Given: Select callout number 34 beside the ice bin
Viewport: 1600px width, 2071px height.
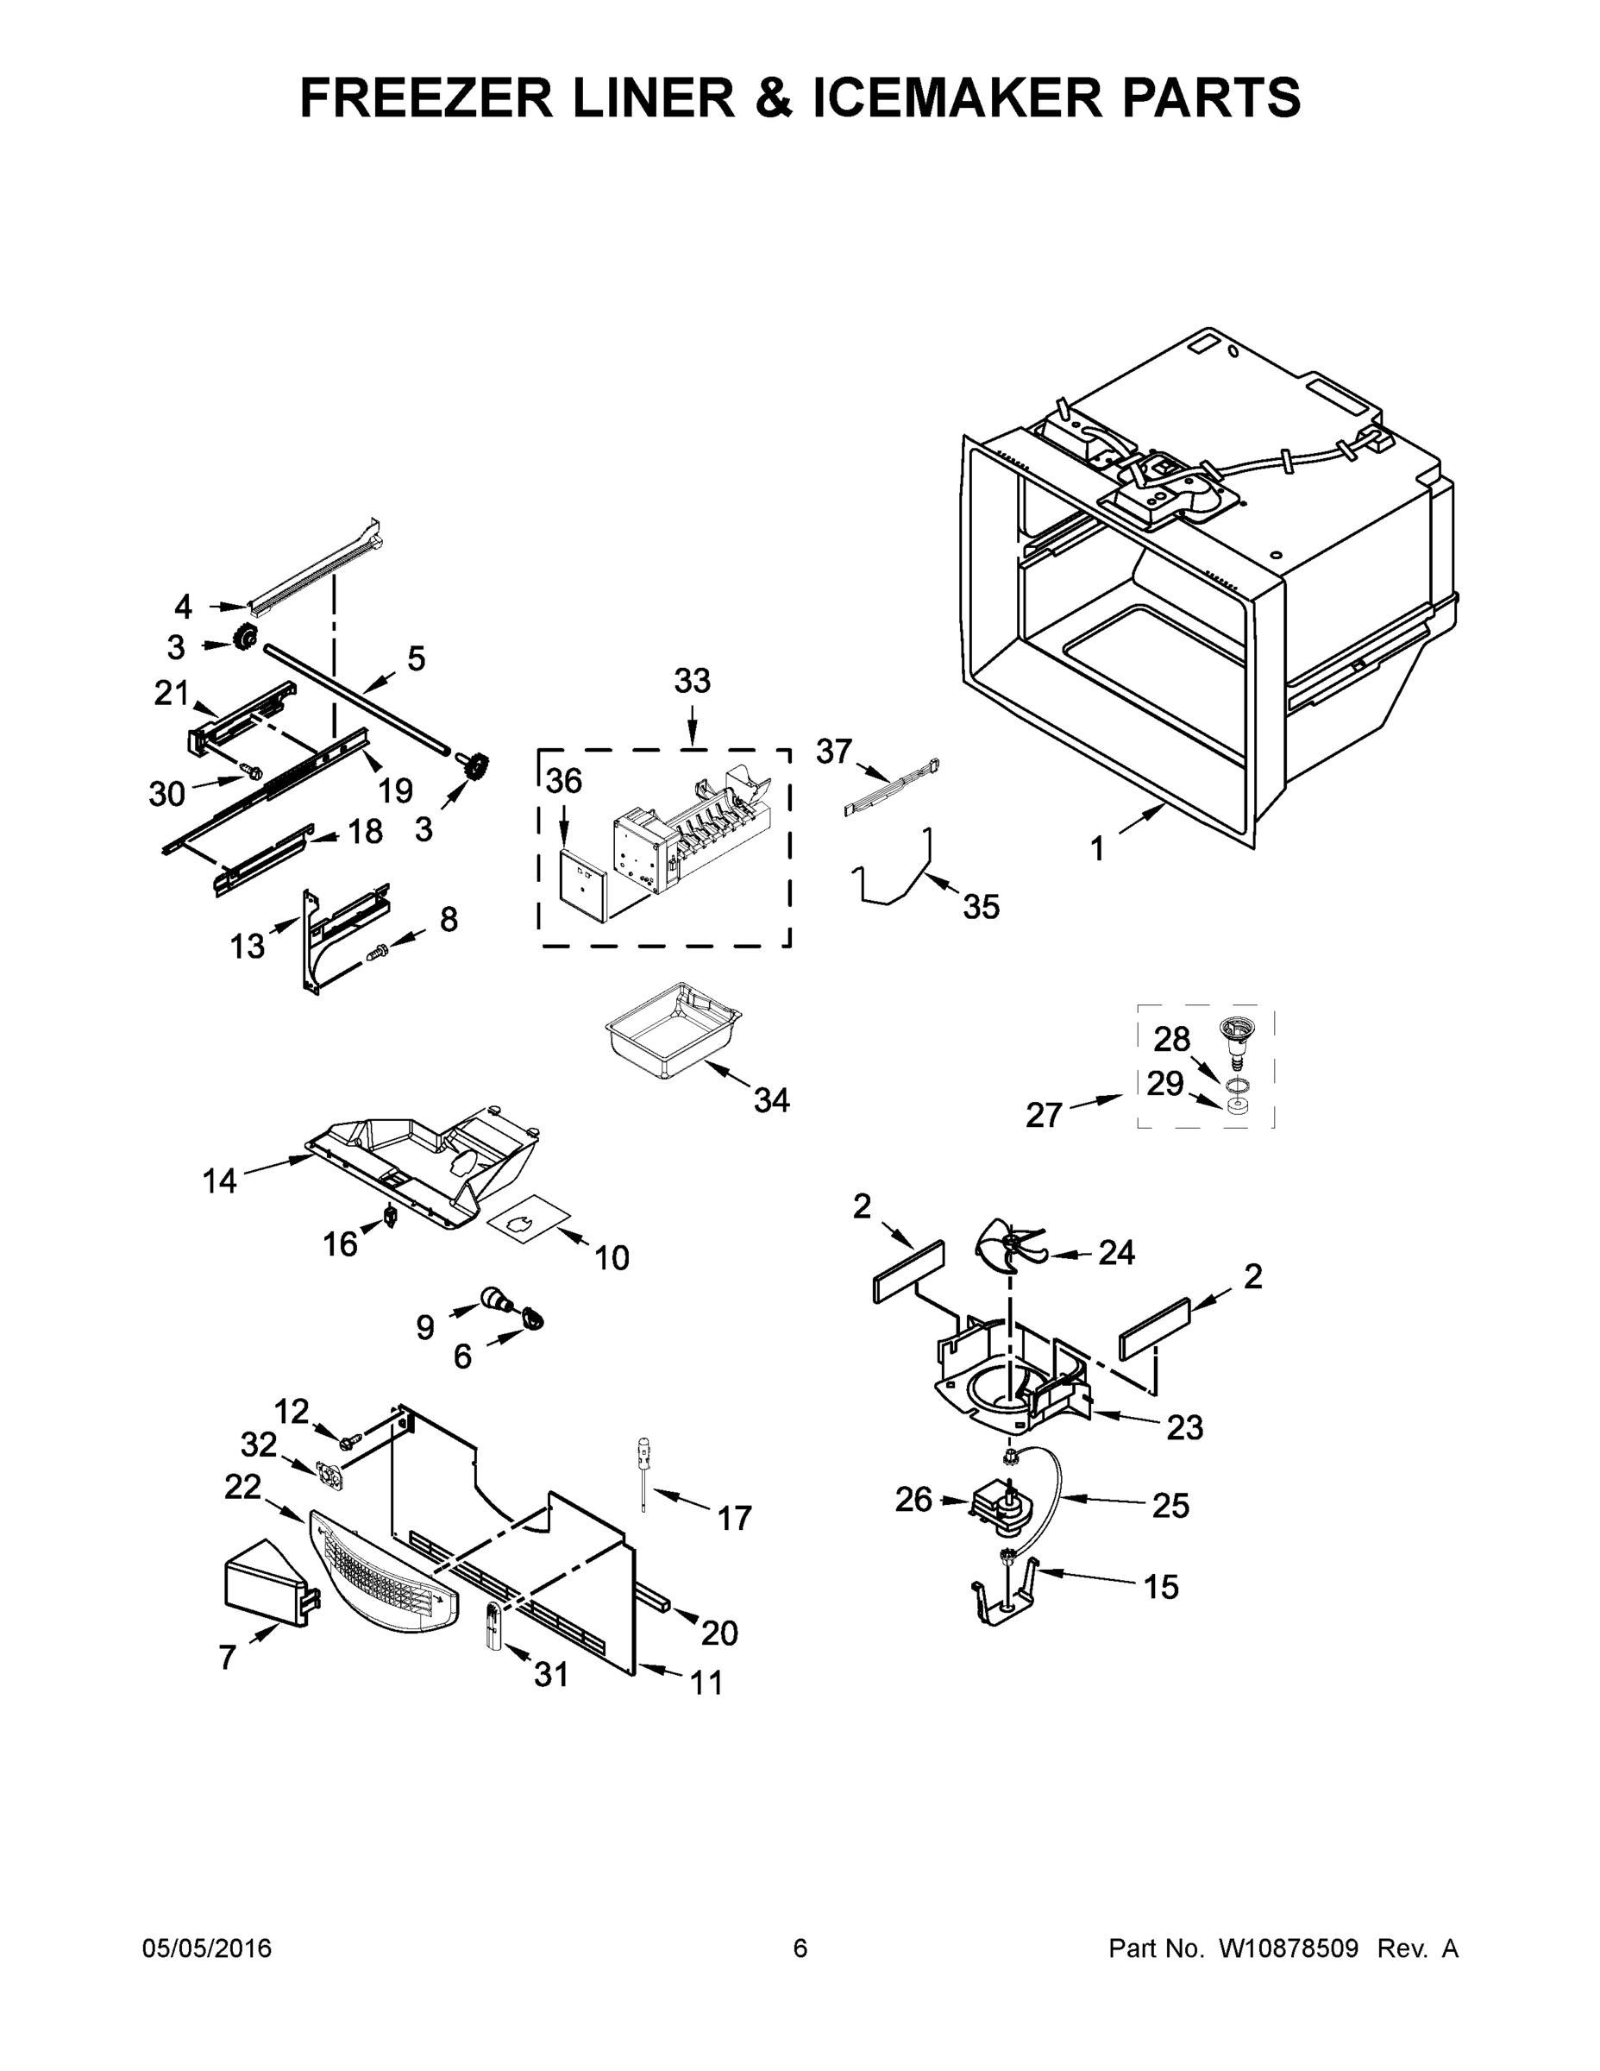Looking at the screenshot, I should (x=772, y=1100).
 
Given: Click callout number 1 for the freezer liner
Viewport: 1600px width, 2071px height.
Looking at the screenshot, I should (x=1096, y=850).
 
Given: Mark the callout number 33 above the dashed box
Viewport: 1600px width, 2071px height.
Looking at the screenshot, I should (x=692, y=681).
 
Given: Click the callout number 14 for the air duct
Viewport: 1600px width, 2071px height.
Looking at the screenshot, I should (x=219, y=1181).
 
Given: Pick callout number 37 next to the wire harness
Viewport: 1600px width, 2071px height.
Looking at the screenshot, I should (x=834, y=752).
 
